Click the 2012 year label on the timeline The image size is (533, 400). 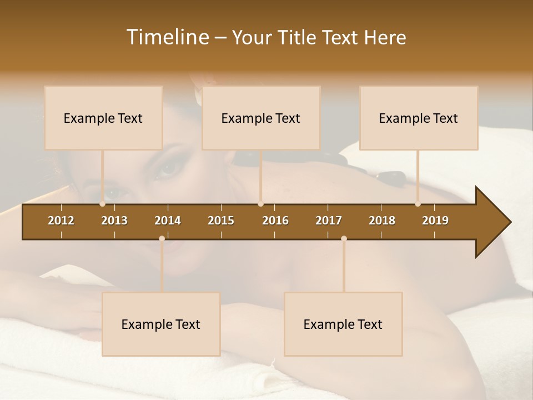(x=61, y=221)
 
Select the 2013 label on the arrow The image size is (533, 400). (x=114, y=221)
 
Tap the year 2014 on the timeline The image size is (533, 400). (x=168, y=221)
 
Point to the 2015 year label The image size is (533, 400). (x=221, y=221)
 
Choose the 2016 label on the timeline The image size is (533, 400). (x=275, y=221)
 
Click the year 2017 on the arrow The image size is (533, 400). (x=329, y=221)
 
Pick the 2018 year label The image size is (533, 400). (x=382, y=221)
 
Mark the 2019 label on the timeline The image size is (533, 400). (x=435, y=221)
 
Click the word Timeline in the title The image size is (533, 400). (x=167, y=37)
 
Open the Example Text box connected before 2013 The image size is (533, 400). (x=103, y=118)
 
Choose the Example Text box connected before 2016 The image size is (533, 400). (x=261, y=118)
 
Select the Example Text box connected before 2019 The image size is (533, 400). (x=419, y=118)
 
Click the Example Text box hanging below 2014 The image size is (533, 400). (x=161, y=324)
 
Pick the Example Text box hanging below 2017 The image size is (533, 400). (x=343, y=324)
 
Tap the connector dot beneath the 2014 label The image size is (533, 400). (x=162, y=238)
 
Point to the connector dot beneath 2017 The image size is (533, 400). (x=344, y=238)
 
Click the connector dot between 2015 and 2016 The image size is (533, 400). (x=260, y=203)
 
